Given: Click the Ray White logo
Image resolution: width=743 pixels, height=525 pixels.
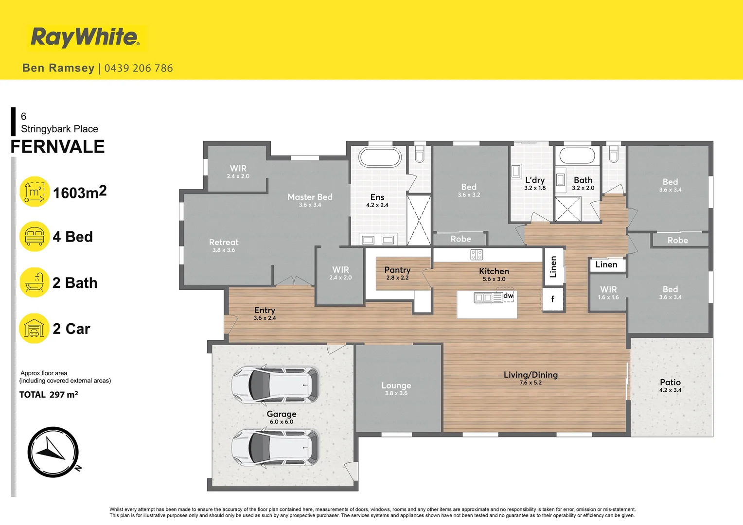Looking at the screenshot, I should click(x=86, y=37).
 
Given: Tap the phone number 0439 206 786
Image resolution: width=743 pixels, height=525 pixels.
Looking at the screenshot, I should click(x=139, y=68).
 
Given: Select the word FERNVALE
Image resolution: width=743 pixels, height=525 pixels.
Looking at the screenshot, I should click(x=58, y=147).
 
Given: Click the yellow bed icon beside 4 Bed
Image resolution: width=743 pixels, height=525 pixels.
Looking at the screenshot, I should click(x=35, y=236).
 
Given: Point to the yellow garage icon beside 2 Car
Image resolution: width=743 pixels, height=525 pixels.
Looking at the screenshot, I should click(x=35, y=329).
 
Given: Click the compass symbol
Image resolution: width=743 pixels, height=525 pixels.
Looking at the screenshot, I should click(x=53, y=452).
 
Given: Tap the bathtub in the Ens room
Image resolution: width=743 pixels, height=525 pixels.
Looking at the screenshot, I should click(x=380, y=157).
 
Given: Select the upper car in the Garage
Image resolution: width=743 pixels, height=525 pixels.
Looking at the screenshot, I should click(x=275, y=384).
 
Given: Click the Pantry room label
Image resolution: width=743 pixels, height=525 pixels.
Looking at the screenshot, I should click(x=397, y=270).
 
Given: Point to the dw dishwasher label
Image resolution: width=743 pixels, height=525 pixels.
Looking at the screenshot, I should click(x=508, y=296).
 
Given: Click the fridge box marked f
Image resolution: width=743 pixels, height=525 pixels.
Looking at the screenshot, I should click(x=552, y=299).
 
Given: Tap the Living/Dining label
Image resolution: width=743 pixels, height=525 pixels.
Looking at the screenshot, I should click(x=531, y=375).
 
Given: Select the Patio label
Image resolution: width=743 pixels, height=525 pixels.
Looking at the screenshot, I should click(x=670, y=383).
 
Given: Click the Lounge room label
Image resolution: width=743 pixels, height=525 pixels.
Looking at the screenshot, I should click(x=396, y=385).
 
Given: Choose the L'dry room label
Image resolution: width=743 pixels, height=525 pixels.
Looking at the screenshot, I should click(x=535, y=180).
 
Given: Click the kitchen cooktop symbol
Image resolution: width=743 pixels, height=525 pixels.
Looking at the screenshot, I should click(x=477, y=254).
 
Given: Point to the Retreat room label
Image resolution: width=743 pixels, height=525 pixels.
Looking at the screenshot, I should click(x=224, y=242).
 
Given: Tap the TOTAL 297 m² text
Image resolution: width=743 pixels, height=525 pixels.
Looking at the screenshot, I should click(x=49, y=395).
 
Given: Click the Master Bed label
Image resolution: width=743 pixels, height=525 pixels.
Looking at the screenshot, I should click(x=310, y=197).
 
